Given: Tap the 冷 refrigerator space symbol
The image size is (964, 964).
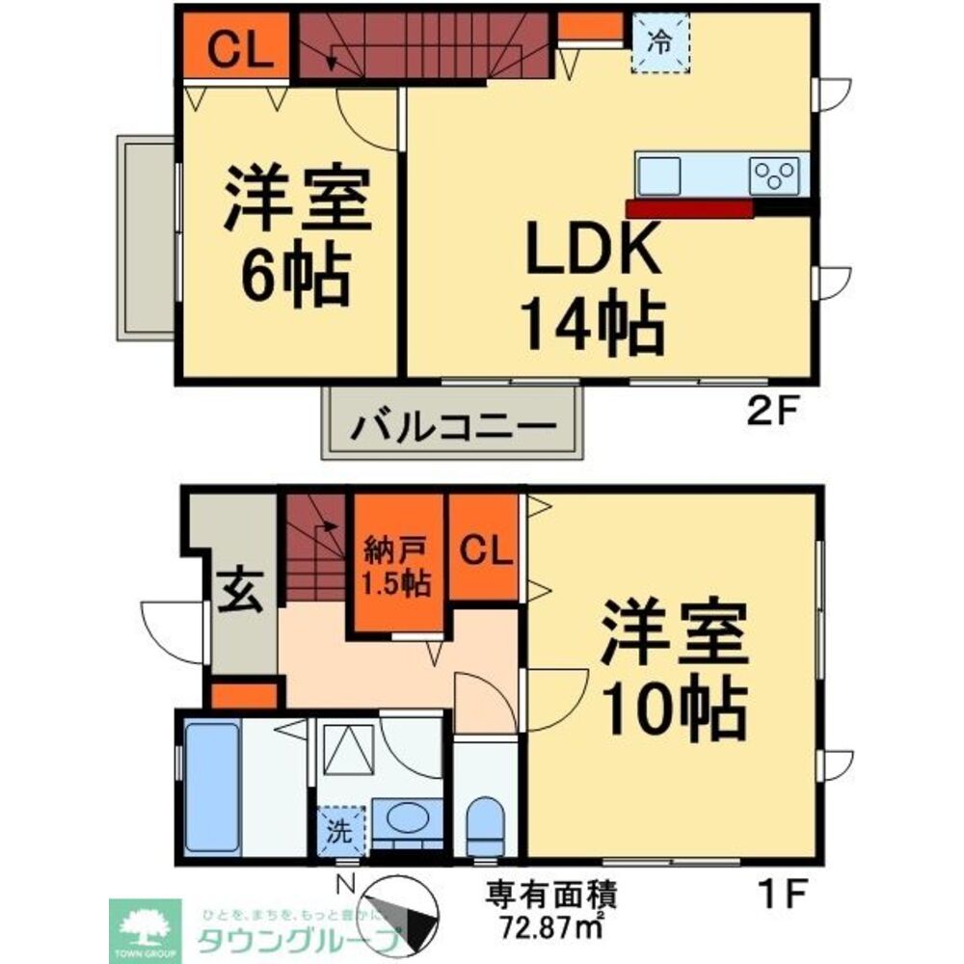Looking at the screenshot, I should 660,42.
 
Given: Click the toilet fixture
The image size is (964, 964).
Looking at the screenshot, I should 484,825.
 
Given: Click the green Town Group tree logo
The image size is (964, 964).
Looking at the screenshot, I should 145,926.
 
